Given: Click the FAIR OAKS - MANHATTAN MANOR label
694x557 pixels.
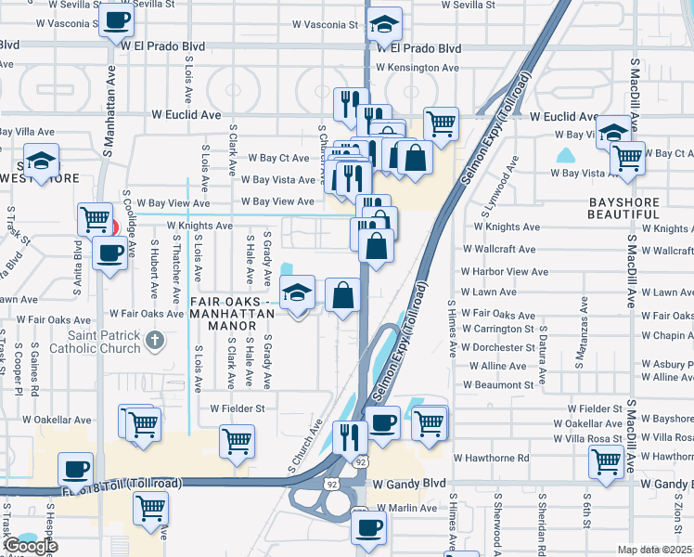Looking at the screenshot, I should pos(232,307).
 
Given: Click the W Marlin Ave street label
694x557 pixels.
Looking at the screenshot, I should pos(404,508).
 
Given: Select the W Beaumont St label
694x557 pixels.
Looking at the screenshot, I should pos(498,384).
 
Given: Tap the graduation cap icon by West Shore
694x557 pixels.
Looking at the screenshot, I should pos(41,161).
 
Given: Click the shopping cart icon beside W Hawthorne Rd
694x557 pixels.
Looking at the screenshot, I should pos(606,460).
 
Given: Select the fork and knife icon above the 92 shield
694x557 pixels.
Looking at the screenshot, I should pos(349,436).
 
